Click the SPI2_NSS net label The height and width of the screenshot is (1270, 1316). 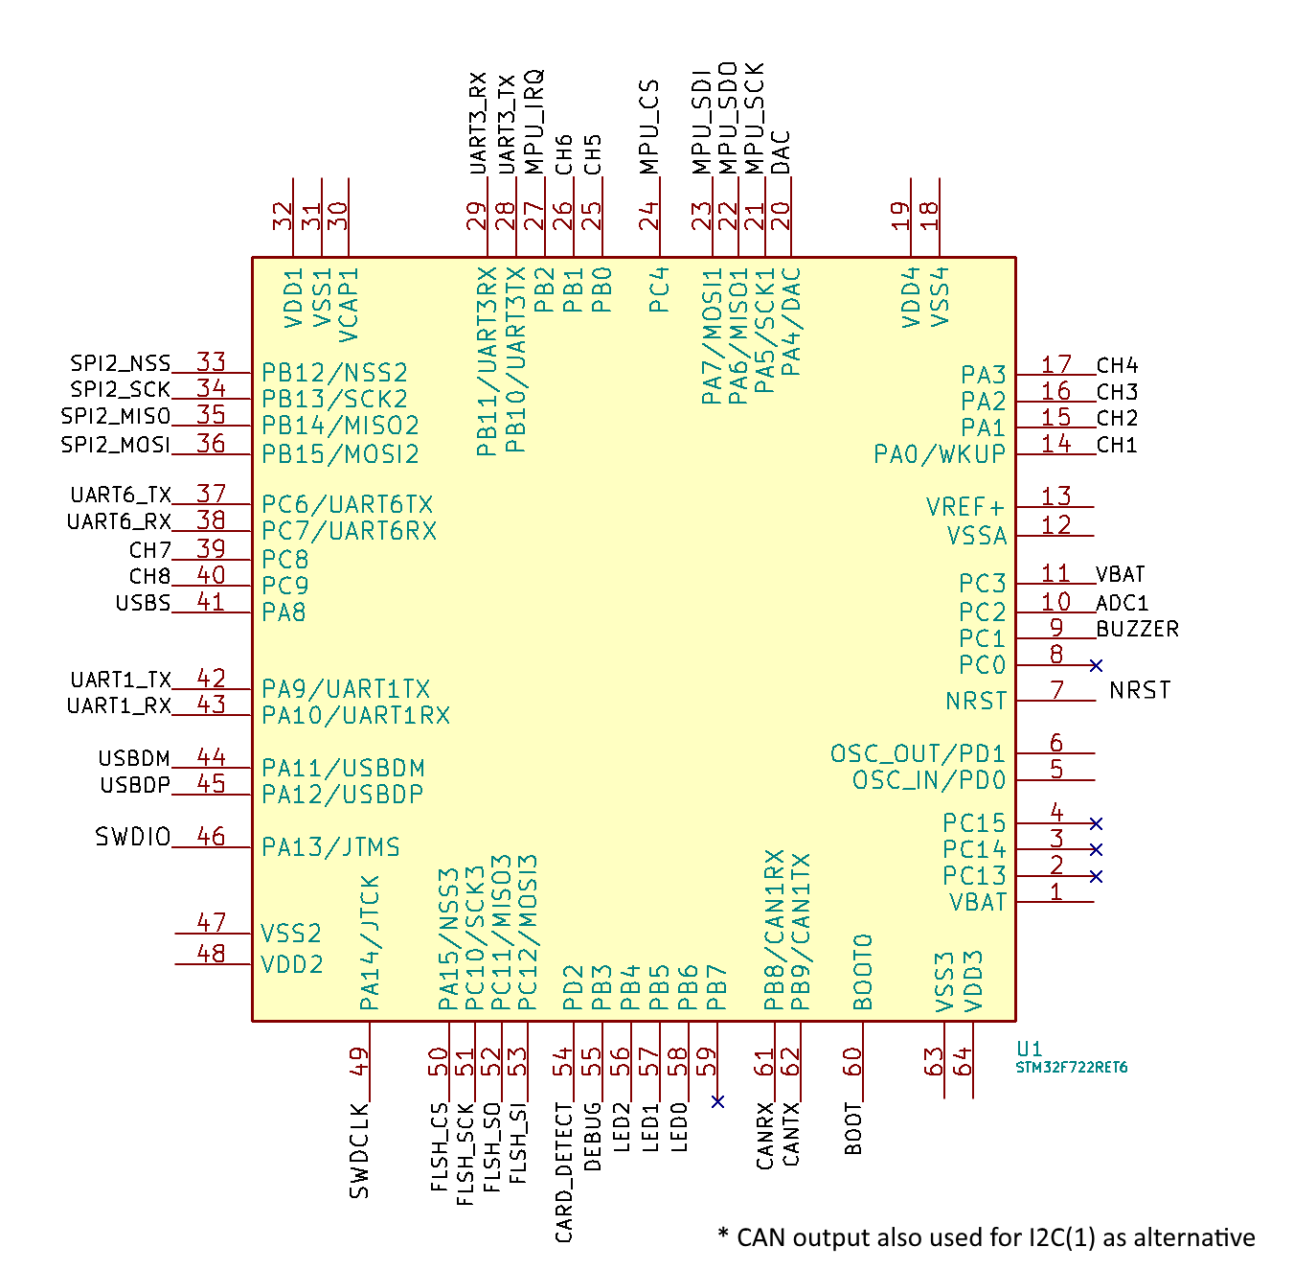(x=120, y=363)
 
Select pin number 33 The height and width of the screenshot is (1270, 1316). (x=211, y=361)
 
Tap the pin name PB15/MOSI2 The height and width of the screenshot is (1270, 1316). (x=340, y=454)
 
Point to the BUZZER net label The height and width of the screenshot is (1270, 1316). (x=1137, y=629)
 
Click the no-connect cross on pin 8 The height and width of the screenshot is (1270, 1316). (x=1096, y=665)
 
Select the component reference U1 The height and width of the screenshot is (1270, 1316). (x=1029, y=1049)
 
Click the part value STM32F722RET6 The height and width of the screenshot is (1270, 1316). (x=1071, y=1067)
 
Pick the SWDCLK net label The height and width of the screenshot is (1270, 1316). (x=359, y=1150)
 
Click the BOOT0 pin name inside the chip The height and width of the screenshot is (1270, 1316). (x=863, y=972)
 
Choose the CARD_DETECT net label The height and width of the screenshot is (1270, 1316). (x=564, y=1171)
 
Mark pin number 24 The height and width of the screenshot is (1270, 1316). (x=649, y=216)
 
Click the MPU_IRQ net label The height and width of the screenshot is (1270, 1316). (x=534, y=122)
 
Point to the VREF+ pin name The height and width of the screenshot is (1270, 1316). (x=965, y=507)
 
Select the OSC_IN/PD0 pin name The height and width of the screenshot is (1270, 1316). (x=929, y=780)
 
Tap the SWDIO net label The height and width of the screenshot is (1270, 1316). (x=132, y=837)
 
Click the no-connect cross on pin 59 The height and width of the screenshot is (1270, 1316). (x=717, y=1101)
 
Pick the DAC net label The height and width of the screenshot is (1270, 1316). (x=782, y=153)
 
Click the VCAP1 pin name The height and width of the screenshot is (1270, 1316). (x=350, y=305)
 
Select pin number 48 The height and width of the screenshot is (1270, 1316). (x=211, y=954)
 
